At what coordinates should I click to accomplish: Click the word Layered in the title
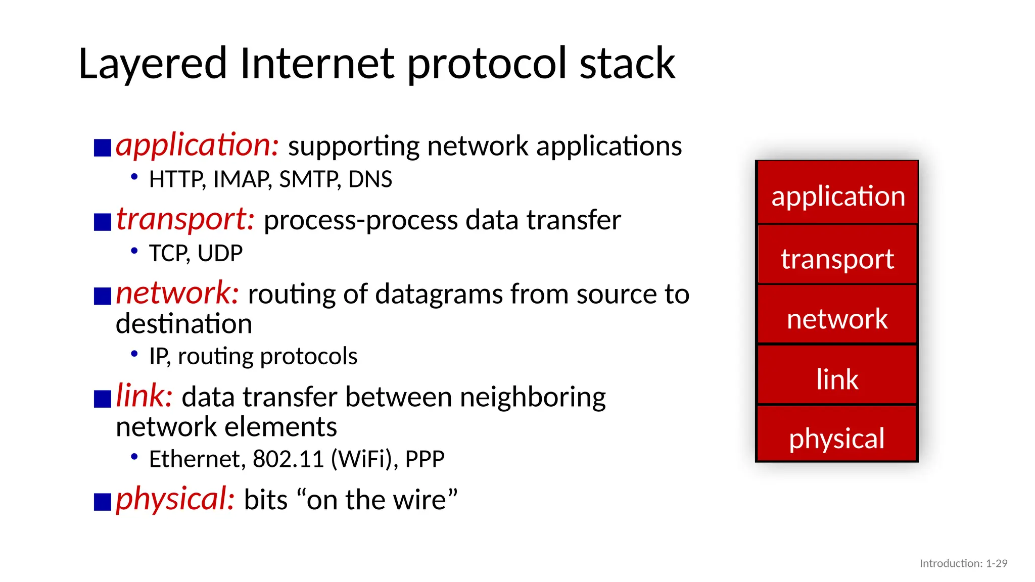(x=153, y=64)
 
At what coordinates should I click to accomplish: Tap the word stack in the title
(x=627, y=64)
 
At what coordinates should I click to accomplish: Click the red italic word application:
(x=197, y=145)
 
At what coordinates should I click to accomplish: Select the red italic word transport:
(x=185, y=219)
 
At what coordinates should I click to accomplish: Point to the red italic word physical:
(x=175, y=499)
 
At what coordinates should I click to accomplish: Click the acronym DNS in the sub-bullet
(x=370, y=179)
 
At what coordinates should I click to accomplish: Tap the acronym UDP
(x=220, y=253)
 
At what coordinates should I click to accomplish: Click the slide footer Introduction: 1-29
(x=963, y=563)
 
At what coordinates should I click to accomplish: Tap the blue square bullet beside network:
(x=103, y=296)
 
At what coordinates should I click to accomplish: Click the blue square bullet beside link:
(x=103, y=399)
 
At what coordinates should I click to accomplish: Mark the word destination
(x=184, y=323)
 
